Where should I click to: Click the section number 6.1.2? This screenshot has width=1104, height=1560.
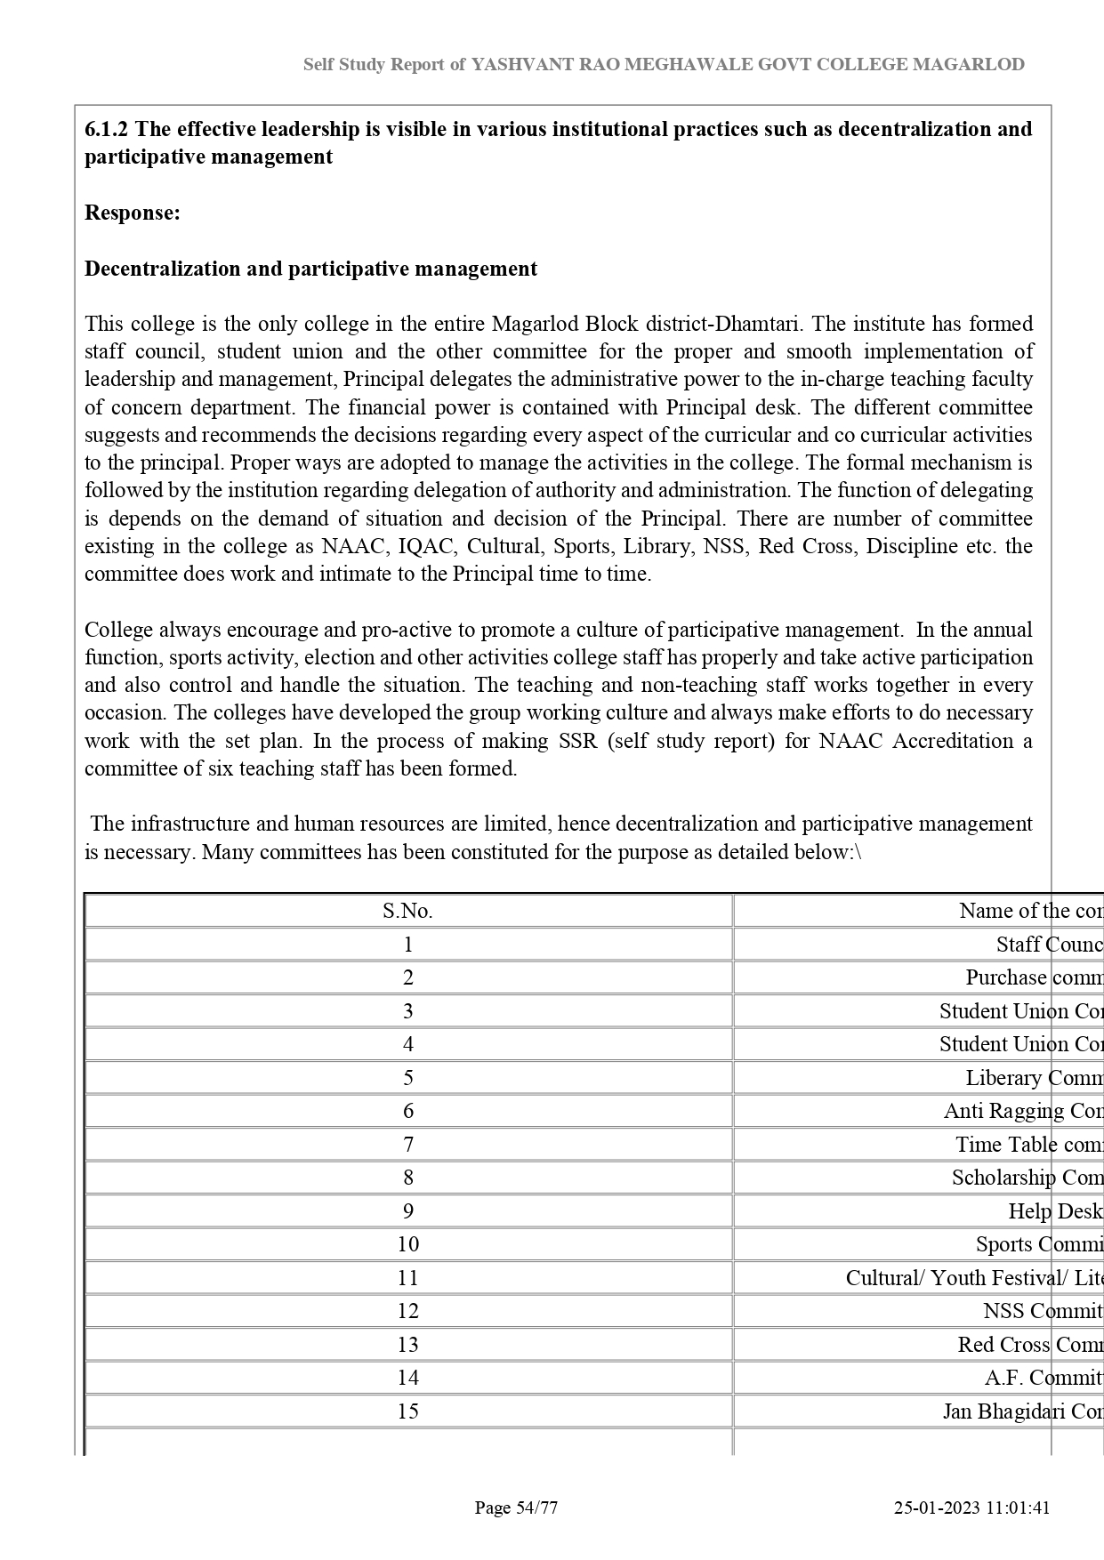click(106, 129)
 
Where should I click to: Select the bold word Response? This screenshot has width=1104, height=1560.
click(133, 213)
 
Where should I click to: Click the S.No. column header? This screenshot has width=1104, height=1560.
click(407, 911)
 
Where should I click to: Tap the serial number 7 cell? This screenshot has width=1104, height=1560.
click(407, 1145)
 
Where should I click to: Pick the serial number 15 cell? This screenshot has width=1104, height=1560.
click(407, 1411)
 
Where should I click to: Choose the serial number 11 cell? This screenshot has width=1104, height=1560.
click(407, 1278)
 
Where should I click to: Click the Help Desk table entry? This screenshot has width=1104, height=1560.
click(1055, 1211)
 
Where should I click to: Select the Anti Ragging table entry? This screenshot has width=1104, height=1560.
click(1023, 1111)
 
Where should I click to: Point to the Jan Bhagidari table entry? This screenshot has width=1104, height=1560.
click(1023, 1411)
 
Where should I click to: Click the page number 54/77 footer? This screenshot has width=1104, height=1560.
click(516, 1508)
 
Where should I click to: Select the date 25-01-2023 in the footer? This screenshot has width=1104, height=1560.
click(937, 1508)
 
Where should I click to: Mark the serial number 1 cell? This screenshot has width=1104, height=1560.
click(407, 945)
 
